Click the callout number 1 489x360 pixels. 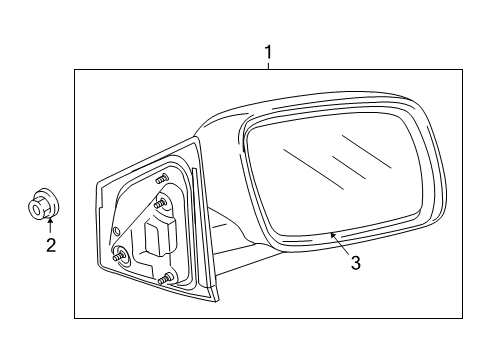point(267,50)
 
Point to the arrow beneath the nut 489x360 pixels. point(49,224)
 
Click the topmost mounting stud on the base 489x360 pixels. point(160,178)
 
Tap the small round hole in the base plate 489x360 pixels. point(120,251)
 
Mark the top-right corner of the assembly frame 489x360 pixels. point(463,69)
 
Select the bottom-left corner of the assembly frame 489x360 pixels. point(75,318)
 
